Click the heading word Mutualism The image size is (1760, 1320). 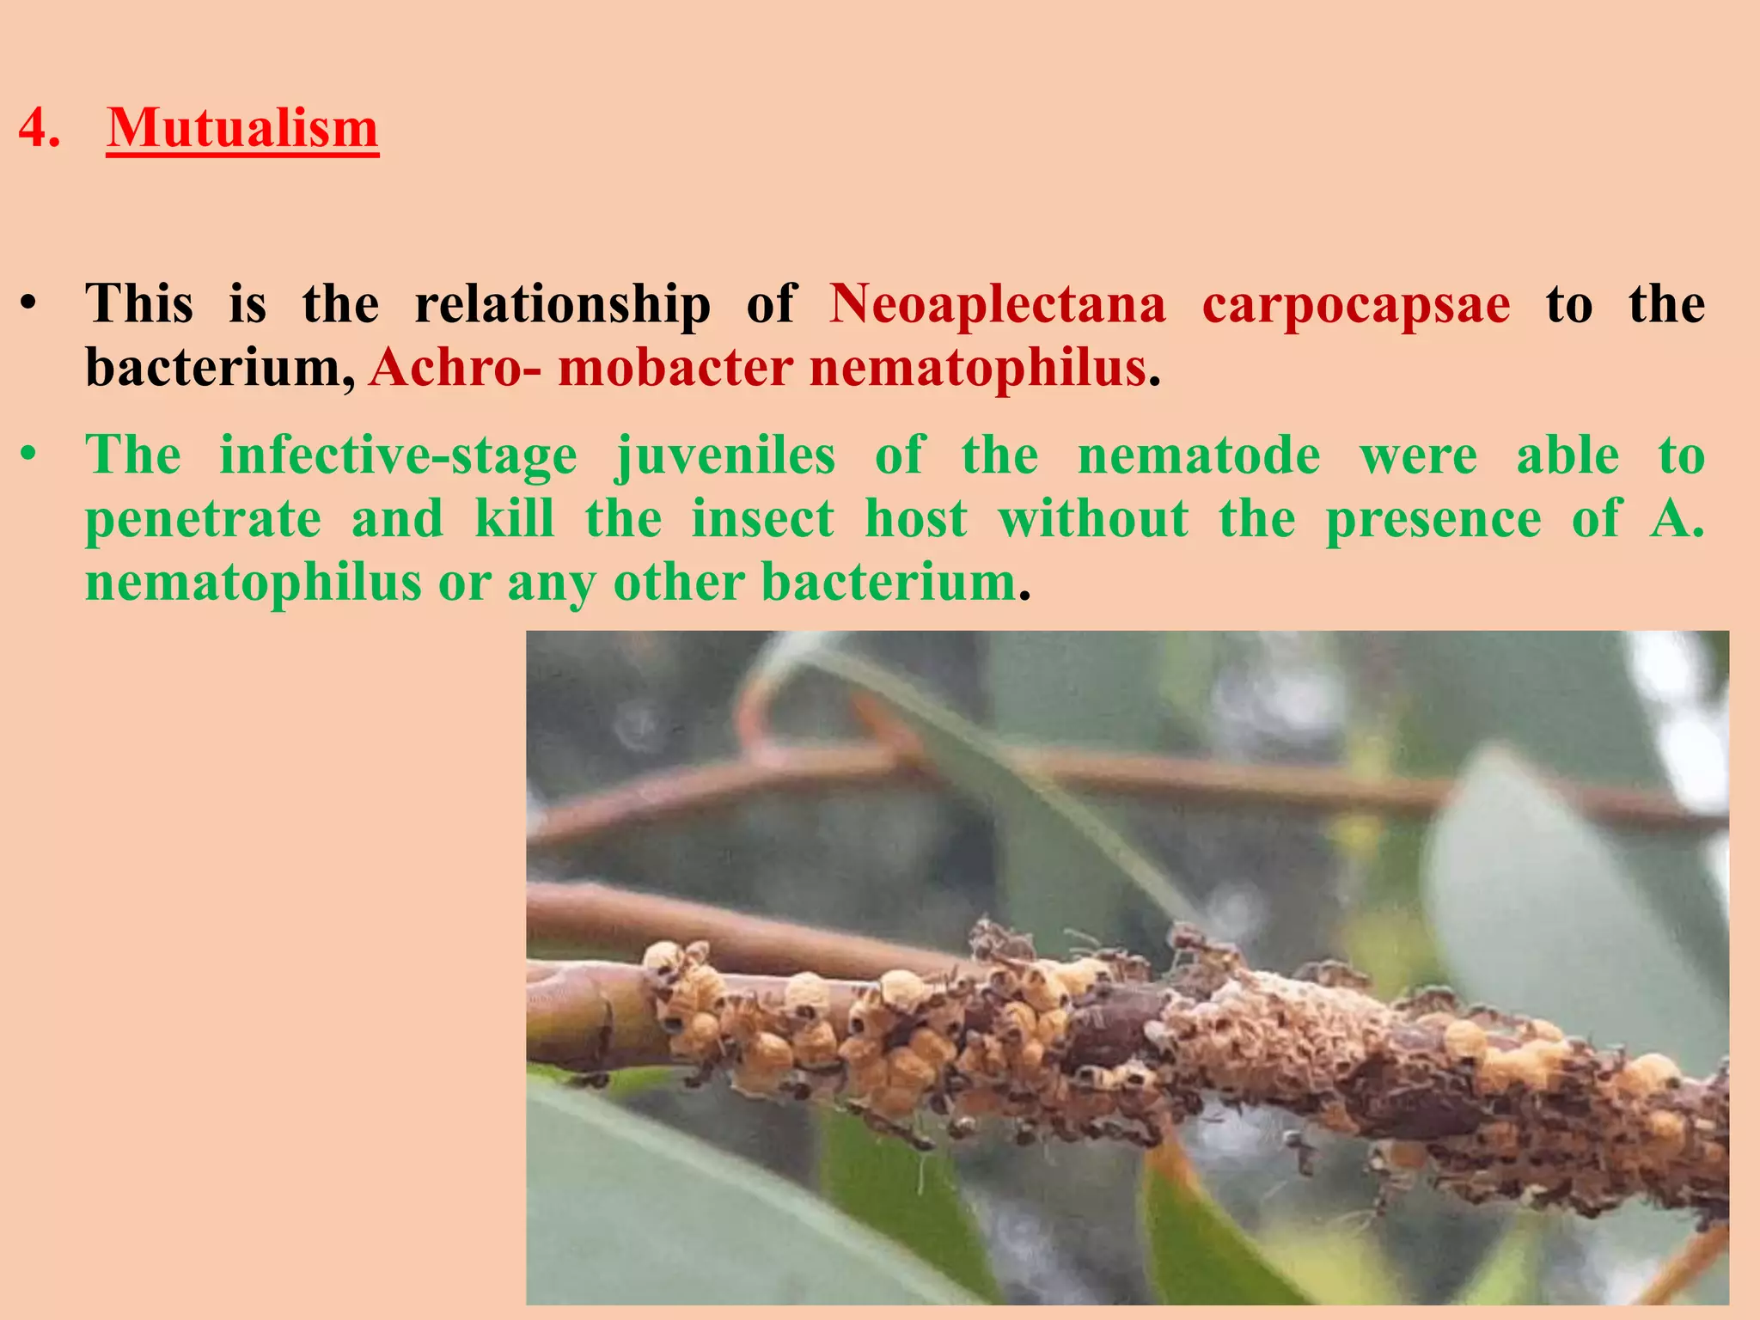[x=242, y=129]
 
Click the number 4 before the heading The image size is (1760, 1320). [x=39, y=129]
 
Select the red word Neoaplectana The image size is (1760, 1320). [x=998, y=304]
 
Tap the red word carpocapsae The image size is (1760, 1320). [x=1355, y=304]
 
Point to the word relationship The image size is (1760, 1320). [x=563, y=304]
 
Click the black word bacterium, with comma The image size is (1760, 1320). [x=220, y=368]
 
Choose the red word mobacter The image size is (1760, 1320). [x=675, y=368]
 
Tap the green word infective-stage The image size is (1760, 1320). [x=398, y=455]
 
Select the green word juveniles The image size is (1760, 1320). [x=725, y=455]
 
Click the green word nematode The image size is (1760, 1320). [x=1199, y=455]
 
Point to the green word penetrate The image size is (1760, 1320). [x=204, y=520]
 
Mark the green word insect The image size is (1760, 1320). [x=763, y=520]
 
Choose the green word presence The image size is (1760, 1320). [x=1433, y=520]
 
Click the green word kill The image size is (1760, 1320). [x=514, y=520]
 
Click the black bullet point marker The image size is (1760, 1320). [x=29, y=304]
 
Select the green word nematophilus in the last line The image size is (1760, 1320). [x=254, y=583]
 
